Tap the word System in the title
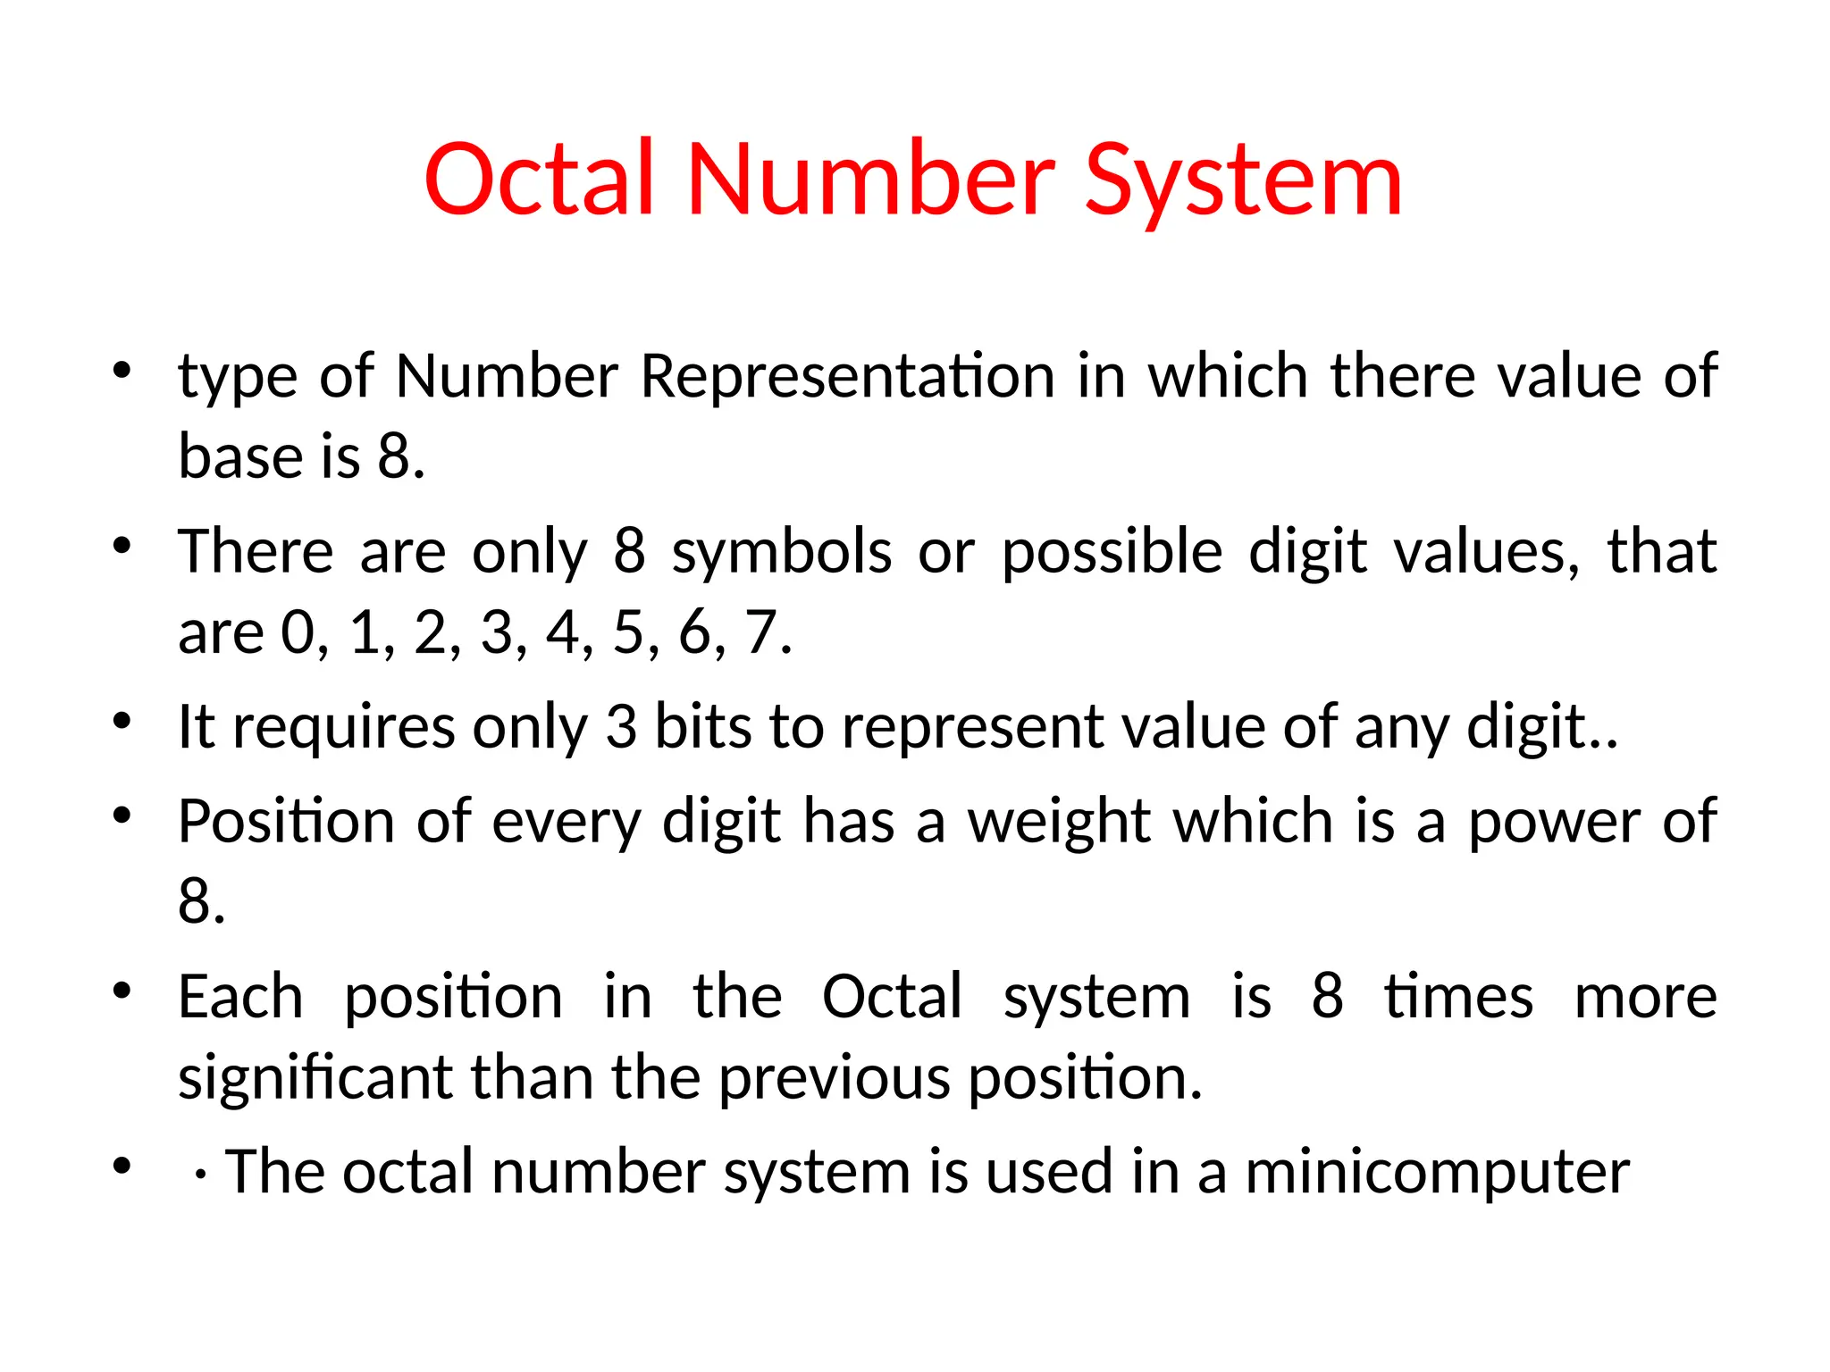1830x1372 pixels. (x=1243, y=183)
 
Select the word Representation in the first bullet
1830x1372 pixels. (x=848, y=376)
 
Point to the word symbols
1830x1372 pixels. (x=782, y=552)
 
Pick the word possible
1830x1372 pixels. (x=1112, y=552)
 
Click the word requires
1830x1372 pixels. (x=342, y=728)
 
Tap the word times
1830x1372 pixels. (x=1458, y=996)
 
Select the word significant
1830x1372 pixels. (x=315, y=1078)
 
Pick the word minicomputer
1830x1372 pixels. (x=1437, y=1173)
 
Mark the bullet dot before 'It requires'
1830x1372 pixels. (x=122, y=720)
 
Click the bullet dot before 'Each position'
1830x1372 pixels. (x=122, y=990)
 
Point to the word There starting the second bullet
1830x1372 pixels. (x=256, y=551)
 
